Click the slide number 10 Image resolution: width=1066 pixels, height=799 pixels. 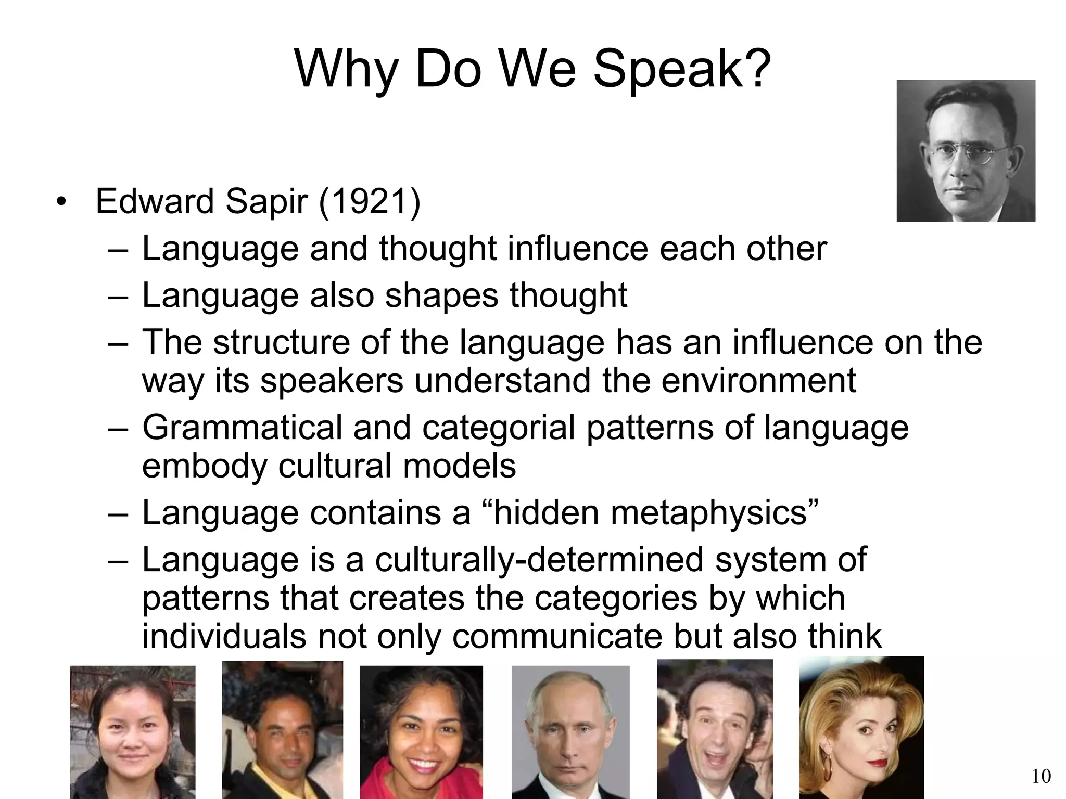(1041, 776)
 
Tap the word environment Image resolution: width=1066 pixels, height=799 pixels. (758, 381)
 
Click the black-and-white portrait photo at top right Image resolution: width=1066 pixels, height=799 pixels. (966, 150)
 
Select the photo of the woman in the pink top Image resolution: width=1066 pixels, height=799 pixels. (421, 732)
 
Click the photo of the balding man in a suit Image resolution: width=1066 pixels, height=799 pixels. (570, 732)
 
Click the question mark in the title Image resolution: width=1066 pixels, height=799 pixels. (756, 70)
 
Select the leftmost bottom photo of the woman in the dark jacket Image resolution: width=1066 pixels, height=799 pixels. (133, 732)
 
